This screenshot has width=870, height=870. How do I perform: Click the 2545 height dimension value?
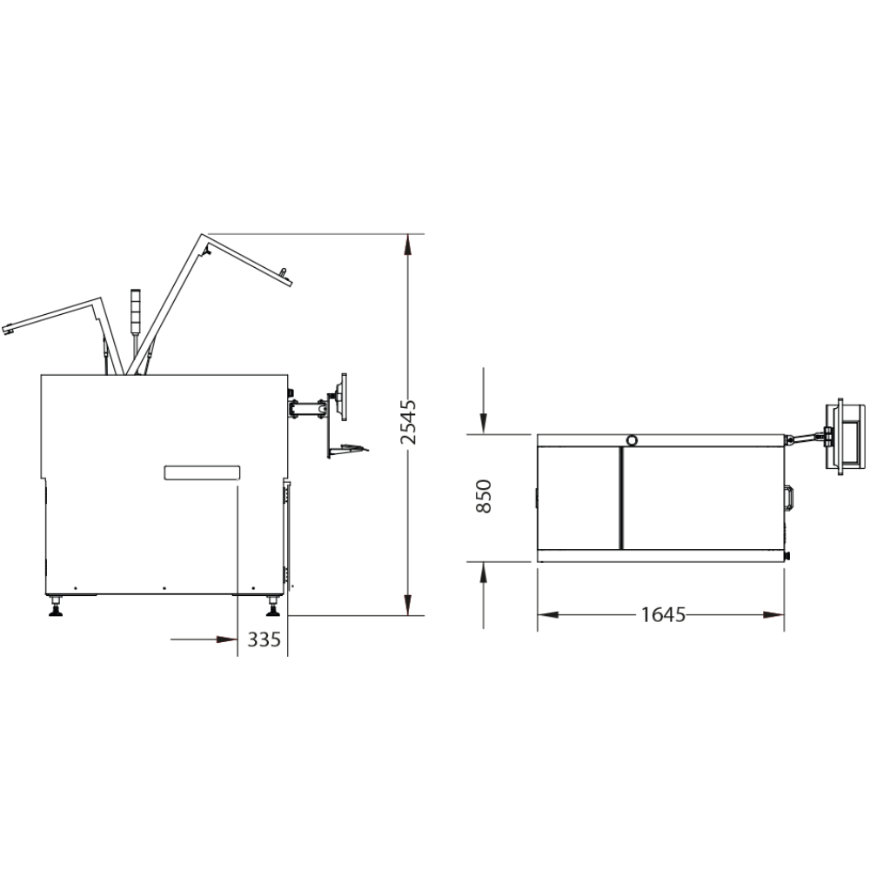(x=408, y=422)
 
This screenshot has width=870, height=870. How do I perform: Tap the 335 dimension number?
(x=264, y=639)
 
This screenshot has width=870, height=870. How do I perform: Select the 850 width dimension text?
(x=484, y=497)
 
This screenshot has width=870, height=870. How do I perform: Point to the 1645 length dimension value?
(x=663, y=615)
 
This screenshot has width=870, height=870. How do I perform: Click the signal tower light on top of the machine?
(x=136, y=311)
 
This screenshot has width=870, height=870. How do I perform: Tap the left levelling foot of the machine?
(x=56, y=606)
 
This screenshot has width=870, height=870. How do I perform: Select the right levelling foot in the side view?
(x=273, y=606)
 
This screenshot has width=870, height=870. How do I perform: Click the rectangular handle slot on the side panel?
(x=202, y=472)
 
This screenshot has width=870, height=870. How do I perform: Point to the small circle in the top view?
(x=632, y=440)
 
